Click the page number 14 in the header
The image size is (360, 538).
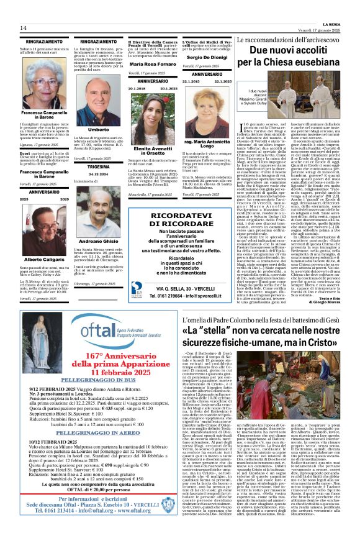pos(23,28)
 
